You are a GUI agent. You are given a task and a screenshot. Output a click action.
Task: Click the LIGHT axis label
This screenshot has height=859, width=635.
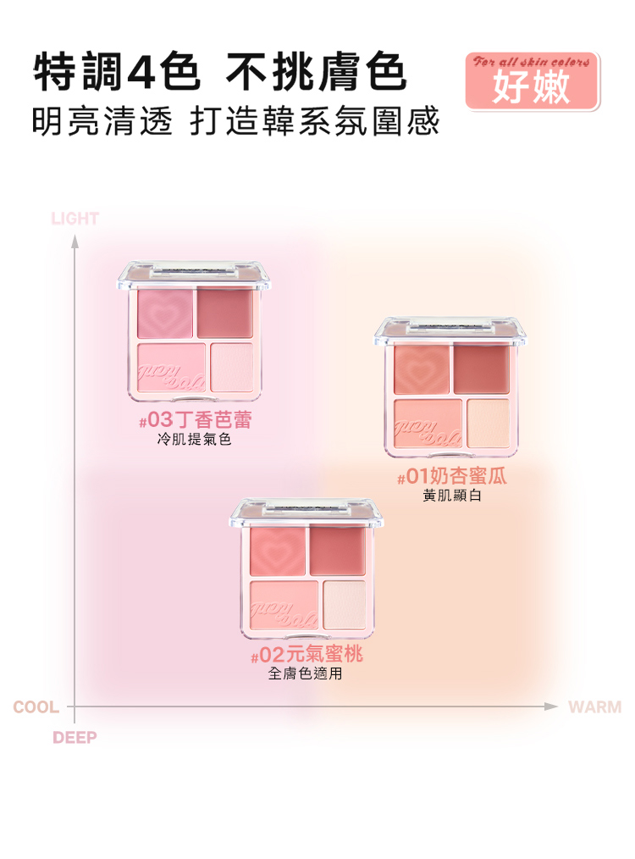click(x=75, y=219)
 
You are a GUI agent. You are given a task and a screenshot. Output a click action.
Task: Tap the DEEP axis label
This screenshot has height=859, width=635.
click(x=75, y=737)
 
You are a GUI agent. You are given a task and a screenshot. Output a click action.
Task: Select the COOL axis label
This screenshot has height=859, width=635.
click(x=36, y=707)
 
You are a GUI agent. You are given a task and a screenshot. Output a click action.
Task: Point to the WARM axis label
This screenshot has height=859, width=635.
click(x=595, y=707)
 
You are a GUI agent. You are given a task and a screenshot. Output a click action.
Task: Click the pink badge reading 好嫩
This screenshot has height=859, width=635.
click(x=532, y=81)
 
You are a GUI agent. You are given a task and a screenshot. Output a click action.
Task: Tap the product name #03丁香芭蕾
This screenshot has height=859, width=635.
click(x=196, y=420)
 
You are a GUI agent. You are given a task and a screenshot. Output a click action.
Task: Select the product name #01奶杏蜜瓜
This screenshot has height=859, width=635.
click(x=452, y=476)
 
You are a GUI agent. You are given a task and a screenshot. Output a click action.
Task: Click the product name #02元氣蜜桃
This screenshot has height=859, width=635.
click(x=306, y=654)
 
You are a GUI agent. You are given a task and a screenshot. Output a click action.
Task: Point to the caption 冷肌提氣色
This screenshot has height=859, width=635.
click(x=195, y=440)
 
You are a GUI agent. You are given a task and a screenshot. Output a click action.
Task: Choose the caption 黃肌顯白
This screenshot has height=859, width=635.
click(x=452, y=496)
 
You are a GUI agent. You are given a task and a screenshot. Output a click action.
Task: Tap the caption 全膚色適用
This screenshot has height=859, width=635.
click(x=306, y=673)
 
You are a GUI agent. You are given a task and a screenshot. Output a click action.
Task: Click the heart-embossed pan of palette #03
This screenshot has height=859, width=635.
click(x=165, y=313)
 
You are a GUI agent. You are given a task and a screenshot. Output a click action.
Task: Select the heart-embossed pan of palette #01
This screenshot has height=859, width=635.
click(x=422, y=369)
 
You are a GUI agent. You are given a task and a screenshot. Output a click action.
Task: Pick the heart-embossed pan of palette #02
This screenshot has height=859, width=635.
click(x=278, y=551)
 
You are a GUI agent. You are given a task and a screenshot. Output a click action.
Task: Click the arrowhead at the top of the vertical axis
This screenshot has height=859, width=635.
click(x=75, y=241)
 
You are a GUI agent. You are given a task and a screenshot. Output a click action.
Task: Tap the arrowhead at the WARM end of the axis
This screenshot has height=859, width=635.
click(x=550, y=707)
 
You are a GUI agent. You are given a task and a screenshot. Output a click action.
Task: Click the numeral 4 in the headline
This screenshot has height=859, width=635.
click(x=141, y=73)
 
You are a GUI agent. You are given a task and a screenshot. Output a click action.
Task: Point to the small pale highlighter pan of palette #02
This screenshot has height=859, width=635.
click(x=345, y=605)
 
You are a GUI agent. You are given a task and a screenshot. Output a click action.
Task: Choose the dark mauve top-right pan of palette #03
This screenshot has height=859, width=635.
click(x=225, y=313)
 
